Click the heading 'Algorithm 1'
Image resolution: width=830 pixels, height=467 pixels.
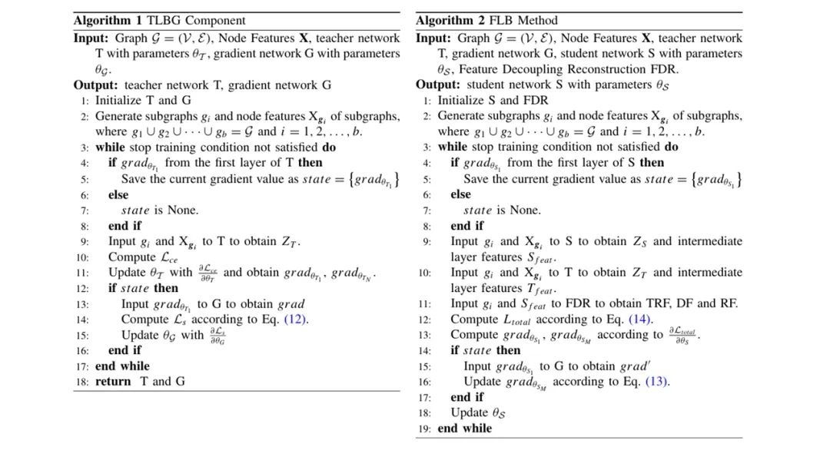(105, 20)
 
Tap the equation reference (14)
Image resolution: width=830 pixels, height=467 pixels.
(639, 319)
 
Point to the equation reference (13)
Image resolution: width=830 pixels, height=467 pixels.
(656, 381)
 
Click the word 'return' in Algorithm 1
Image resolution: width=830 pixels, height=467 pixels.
(113, 381)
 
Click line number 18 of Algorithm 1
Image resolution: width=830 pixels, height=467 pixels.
(82, 382)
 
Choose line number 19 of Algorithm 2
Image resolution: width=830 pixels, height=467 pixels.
(425, 429)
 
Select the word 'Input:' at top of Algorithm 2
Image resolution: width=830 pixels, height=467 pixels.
(436, 38)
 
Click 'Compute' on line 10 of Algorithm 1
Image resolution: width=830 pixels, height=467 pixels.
(131, 257)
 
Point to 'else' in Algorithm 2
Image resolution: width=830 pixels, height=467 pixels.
(461, 194)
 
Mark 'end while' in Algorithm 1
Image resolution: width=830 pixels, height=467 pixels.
(123, 366)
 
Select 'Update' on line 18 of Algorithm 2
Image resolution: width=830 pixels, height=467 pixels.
(469, 412)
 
